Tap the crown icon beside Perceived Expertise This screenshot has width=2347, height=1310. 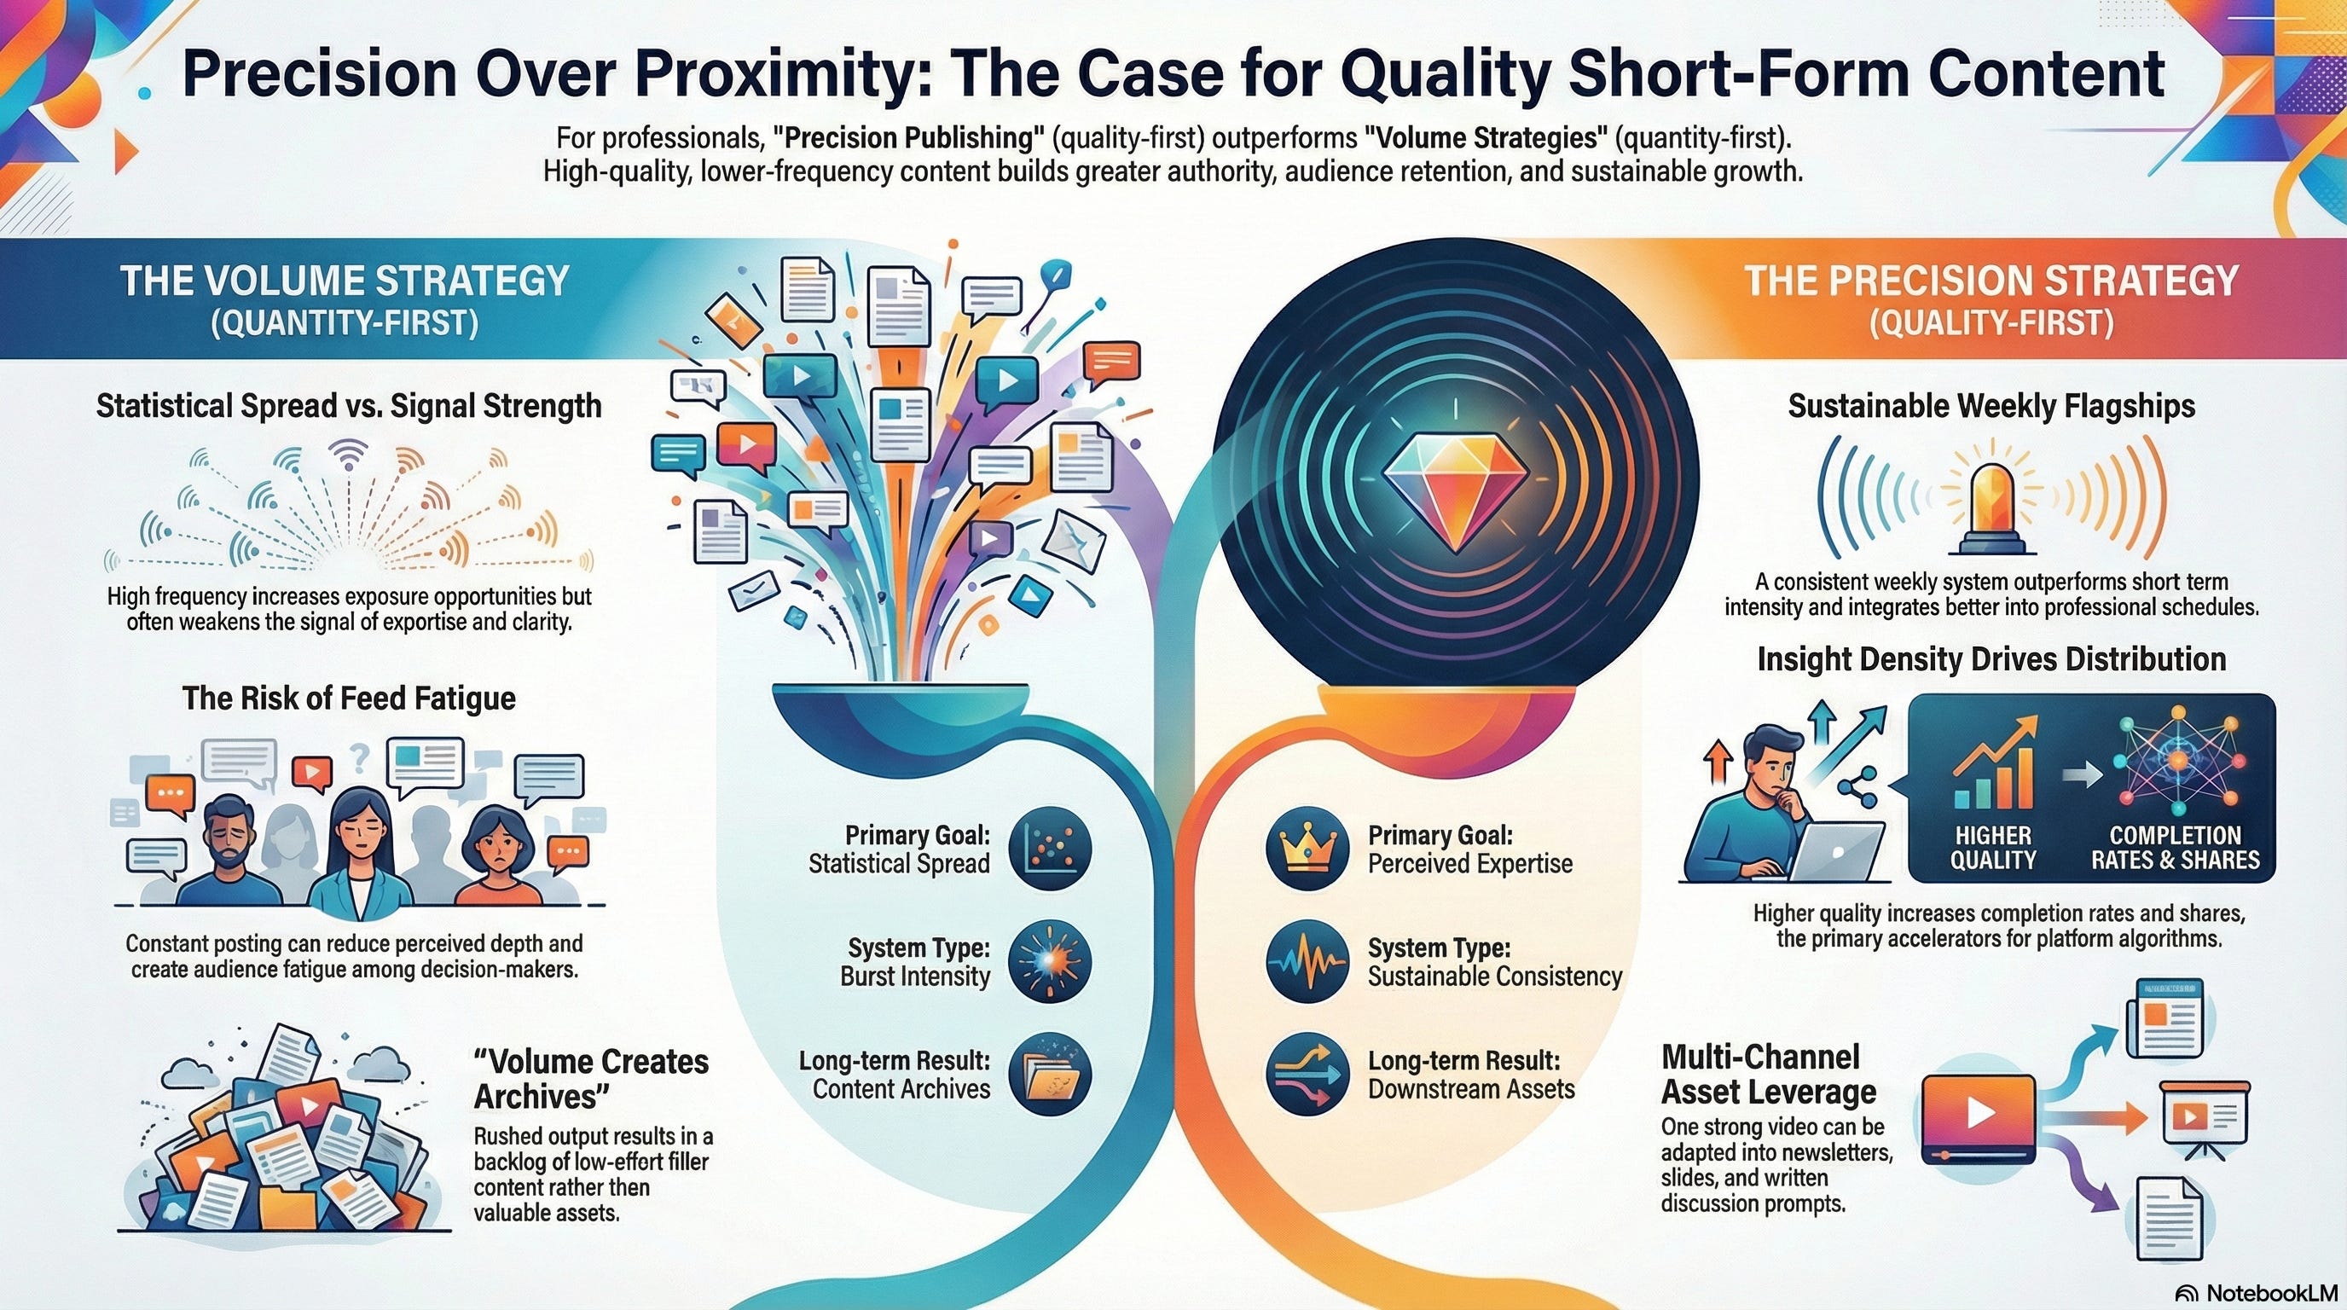[x=1307, y=849]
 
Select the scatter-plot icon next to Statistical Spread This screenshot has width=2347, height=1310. [x=1051, y=849]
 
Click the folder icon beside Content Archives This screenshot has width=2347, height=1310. [x=1051, y=1075]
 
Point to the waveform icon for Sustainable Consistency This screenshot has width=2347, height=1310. [x=1307, y=962]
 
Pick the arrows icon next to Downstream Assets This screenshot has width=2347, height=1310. [x=1307, y=1075]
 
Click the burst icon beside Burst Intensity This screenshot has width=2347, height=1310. [x=1051, y=962]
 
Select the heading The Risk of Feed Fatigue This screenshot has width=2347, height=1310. [x=349, y=698]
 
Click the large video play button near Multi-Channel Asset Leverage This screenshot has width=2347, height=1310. [x=1978, y=1115]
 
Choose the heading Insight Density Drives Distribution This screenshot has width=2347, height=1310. [x=1991, y=658]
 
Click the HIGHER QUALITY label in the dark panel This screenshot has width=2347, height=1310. [x=1992, y=848]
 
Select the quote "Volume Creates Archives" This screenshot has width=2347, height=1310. [x=590, y=1079]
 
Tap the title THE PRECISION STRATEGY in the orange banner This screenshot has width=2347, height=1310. [x=1991, y=281]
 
